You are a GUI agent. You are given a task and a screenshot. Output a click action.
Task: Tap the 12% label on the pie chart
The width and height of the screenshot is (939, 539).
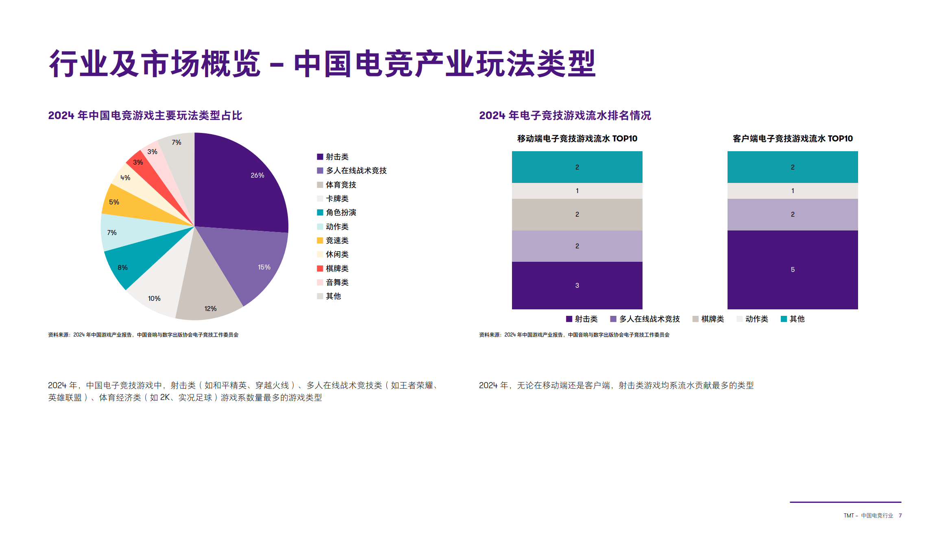coord(210,309)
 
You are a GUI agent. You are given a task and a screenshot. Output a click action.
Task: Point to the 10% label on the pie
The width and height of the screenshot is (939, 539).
coord(154,298)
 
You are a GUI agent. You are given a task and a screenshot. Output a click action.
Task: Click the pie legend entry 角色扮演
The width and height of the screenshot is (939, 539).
coord(341,212)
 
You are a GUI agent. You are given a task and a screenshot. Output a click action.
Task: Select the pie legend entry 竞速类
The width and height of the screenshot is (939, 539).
coord(337,240)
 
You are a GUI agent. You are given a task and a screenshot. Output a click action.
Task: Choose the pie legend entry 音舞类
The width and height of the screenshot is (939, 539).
coord(337,282)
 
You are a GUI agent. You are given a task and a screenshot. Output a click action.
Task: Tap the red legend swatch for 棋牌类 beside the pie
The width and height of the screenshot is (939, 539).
coord(320,268)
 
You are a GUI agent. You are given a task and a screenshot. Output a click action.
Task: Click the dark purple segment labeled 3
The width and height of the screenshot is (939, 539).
coord(577,285)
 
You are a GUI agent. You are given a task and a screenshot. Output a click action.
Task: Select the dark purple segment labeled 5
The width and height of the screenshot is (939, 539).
coord(793,269)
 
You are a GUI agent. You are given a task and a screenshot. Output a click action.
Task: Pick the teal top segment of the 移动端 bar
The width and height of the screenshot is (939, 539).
coord(577,167)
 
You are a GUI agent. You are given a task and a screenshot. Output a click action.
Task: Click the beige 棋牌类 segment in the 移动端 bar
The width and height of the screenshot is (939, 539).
coord(577,214)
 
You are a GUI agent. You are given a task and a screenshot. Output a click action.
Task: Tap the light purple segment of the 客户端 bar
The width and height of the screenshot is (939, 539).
coord(793,214)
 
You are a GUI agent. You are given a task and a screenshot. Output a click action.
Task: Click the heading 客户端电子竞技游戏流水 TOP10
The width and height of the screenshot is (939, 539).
coord(793,139)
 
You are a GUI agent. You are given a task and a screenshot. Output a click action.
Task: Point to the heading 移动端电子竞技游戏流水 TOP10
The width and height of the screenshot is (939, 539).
coord(577,139)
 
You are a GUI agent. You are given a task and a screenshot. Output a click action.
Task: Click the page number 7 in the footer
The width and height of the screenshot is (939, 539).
coord(900,515)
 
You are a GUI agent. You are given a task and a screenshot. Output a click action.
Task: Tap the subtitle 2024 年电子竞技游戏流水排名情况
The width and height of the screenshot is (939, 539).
coord(565,115)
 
